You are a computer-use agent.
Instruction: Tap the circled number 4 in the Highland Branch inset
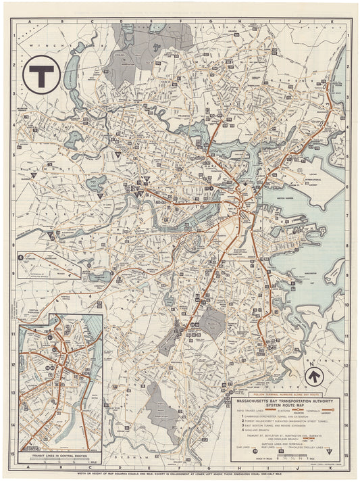(23, 256)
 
